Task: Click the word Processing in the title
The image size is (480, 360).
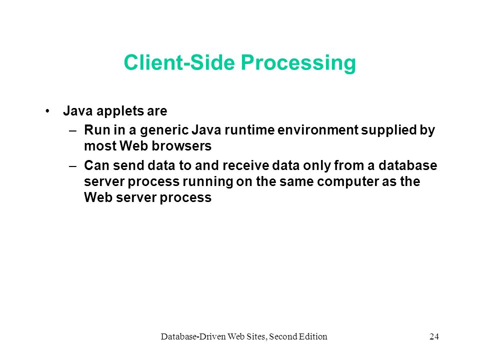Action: tap(298, 63)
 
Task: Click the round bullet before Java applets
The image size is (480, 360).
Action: tap(47, 111)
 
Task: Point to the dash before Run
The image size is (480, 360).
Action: tap(73, 130)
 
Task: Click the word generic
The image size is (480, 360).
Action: tap(164, 130)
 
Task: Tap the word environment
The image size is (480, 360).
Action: tap(318, 130)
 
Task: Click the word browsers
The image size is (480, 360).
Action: tap(181, 146)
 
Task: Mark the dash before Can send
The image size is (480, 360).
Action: tap(73, 166)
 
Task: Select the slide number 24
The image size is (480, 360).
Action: tap(434, 336)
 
